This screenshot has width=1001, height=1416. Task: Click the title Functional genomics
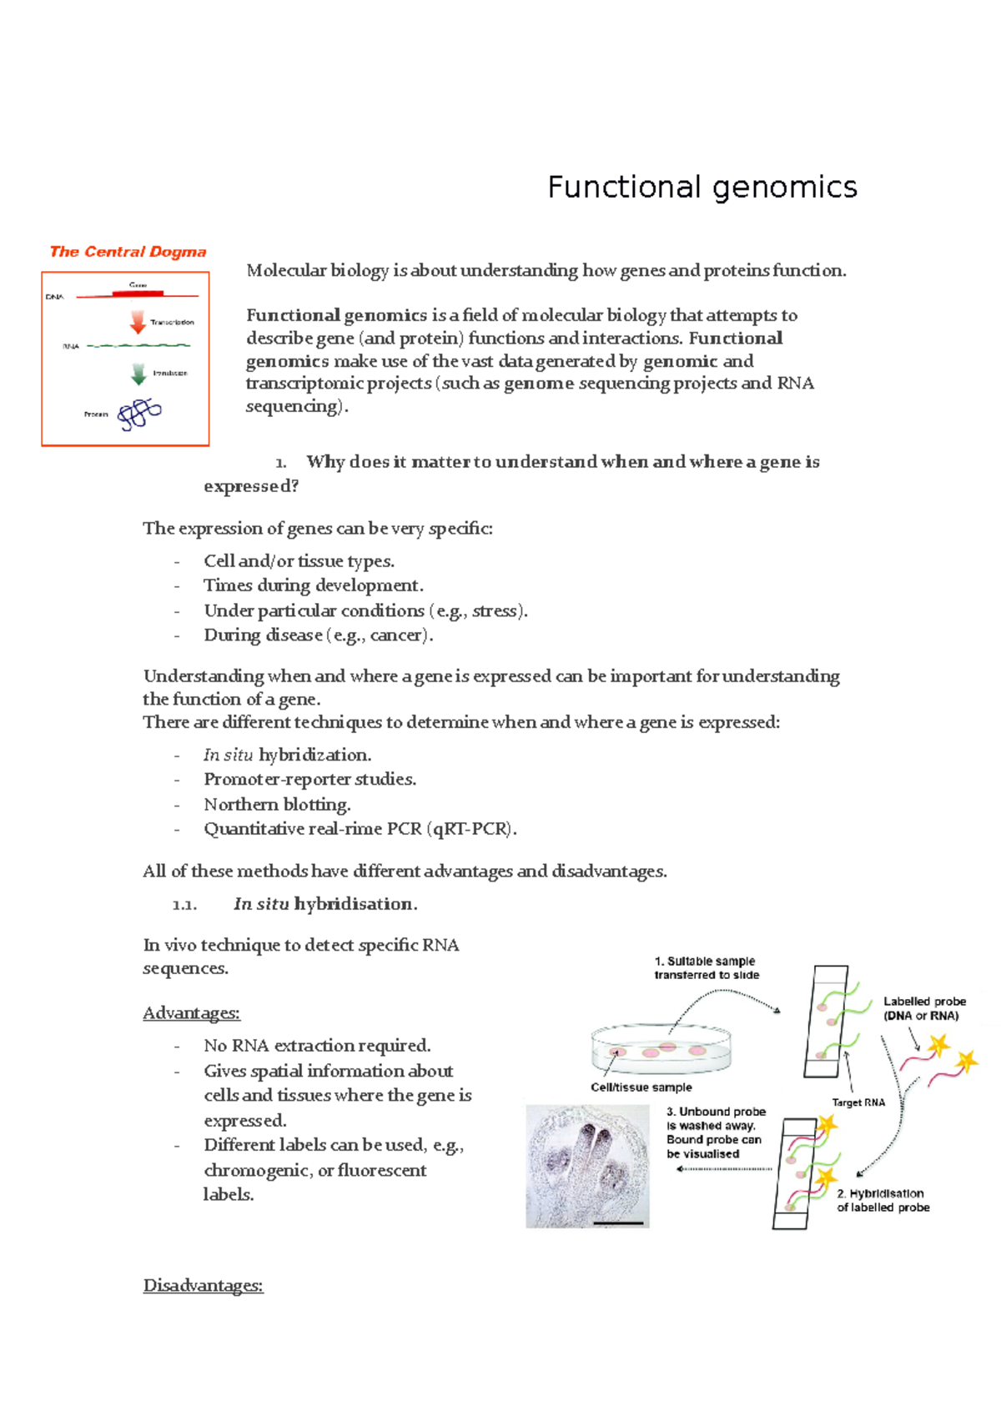click(702, 187)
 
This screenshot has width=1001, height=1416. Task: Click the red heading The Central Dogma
click(128, 252)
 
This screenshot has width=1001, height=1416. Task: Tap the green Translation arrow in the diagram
click(138, 374)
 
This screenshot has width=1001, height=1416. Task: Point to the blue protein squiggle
click(139, 414)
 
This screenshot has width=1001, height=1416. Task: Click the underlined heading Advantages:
click(191, 1013)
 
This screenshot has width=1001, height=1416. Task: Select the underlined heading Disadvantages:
click(203, 1285)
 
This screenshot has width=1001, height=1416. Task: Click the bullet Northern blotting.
click(277, 805)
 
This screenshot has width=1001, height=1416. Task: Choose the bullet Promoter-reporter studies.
click(309, 780)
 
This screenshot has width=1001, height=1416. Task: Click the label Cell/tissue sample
click(641, 1087)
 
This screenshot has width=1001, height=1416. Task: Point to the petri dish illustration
click(661, 1049)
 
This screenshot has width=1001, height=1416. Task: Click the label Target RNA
click(858, 1102)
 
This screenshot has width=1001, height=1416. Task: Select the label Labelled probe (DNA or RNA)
click(924, 1008)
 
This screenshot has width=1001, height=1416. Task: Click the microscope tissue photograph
click(587, 1166)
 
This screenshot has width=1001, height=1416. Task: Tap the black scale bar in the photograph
click(618, 1223)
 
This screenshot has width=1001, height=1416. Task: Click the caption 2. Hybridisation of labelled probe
click(883, 1201)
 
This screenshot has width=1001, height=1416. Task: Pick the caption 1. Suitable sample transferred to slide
click(706, 968)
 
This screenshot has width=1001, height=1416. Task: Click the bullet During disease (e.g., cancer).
click(318, 635)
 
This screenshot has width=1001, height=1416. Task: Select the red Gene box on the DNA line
click(138, 293)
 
